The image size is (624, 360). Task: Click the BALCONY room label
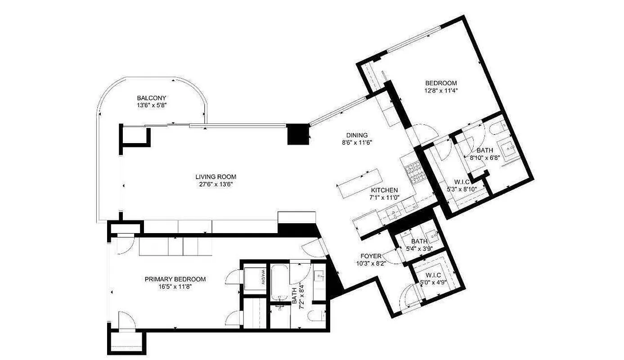point(152,98)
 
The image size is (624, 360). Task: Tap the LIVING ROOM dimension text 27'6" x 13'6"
point(215,184)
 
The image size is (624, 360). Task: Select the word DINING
point(357,135)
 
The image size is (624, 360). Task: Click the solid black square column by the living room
point(297,134)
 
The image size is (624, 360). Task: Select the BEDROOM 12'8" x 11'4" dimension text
point(441,90)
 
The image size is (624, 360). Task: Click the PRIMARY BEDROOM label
point(175,279)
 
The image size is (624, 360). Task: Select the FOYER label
point(371,256)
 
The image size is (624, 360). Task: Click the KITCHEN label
point(384,190)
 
